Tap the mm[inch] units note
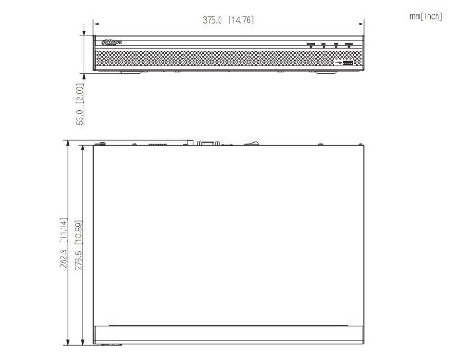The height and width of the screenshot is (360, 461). tap(426, 15)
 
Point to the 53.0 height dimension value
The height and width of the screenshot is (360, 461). tap(80, 117)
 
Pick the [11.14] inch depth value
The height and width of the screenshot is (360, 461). tap(64, 230)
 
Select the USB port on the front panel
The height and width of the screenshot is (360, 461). tap(347, 62)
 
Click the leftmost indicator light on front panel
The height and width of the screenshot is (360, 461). tap(310, 44)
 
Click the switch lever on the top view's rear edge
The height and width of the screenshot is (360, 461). tap(256, 141)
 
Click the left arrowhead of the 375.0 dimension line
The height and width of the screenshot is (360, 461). tap(96, 25)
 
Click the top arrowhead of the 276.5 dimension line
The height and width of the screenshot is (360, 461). tap(86, 146)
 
